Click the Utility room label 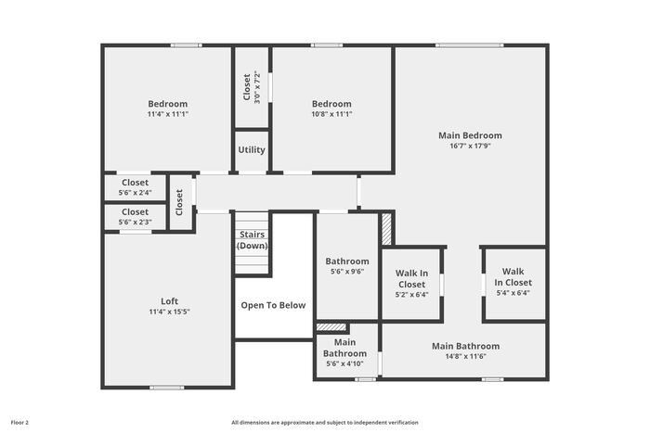click(252, 150)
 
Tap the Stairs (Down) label click(252, 240)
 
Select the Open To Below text click(273, 305)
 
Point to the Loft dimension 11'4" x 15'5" click(170, 312)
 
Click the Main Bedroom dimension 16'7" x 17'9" click(470, 146)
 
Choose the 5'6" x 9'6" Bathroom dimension click(347, 272)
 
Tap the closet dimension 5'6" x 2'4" click(136, 193)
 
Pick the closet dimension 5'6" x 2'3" click(136, 222)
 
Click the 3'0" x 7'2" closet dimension click(257, 87)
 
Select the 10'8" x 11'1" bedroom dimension click(331, 114)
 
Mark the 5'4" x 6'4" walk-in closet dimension click(513, 293)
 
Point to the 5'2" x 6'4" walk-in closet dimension click(411, 295)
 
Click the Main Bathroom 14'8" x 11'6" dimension click(465, 356)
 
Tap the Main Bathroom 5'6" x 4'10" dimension click(344, 363)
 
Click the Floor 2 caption click(19, 423)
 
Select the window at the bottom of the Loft click(166, 388)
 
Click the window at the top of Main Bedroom click(470, 45)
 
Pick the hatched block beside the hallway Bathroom click(386, 229)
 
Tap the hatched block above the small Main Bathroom click(331, 327)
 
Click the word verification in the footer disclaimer click(403, 423)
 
